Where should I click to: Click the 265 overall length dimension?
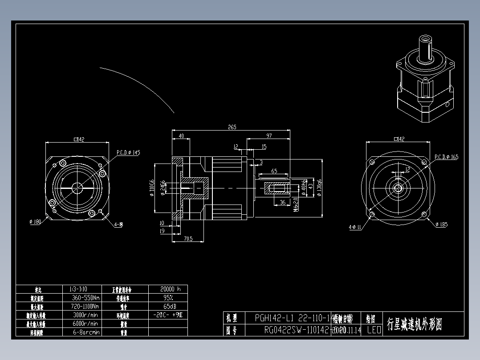[x=232, y=127]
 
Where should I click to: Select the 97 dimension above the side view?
[x=269, y=135]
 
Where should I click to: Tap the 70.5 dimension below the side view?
[x=187, y=239]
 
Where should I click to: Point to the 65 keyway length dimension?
[x=274, y=171]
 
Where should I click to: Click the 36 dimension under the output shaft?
[x=282, y=202]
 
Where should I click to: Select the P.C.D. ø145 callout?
[x=128, y=152]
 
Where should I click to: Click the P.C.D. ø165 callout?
[x=446, y=157]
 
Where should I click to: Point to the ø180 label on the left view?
[x=35, y=221]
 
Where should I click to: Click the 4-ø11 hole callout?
[x=355, y=227]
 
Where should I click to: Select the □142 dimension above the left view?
[x=79, y=139]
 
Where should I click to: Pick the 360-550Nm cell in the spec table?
[x=85, y=298]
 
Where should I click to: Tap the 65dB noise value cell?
[x=168, y=306]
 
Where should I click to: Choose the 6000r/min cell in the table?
[x=85, y=323]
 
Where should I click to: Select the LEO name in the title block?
[x=374, y=330]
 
